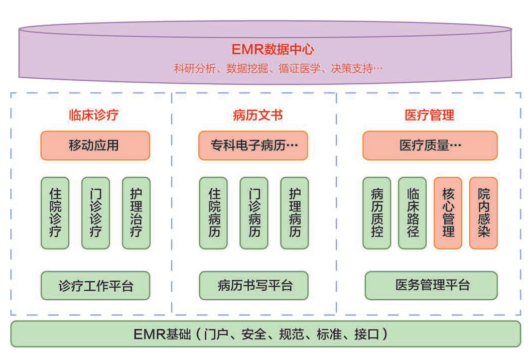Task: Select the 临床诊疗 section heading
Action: click(94, 115)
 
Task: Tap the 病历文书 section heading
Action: click(257, 115)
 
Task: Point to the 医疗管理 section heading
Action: click(429, 115)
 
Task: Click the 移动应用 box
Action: click(95, 146)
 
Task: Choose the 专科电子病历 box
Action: click(252, 146)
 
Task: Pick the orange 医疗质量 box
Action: click(430, 146)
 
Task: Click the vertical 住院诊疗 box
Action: click(55, 213)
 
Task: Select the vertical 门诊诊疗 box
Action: click(95, 213)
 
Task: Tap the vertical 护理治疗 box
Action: click(136, 213)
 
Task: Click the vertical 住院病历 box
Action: click(213, 213)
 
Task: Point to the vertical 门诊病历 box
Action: click(253, 213)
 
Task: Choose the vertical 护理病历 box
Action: click(295, 213)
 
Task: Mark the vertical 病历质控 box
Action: click(376, 213)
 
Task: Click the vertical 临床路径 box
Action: click(412, 213)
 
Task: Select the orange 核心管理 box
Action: click(448, 213)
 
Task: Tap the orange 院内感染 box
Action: click(483, 213)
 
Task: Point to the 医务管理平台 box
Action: click(431, 285)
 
